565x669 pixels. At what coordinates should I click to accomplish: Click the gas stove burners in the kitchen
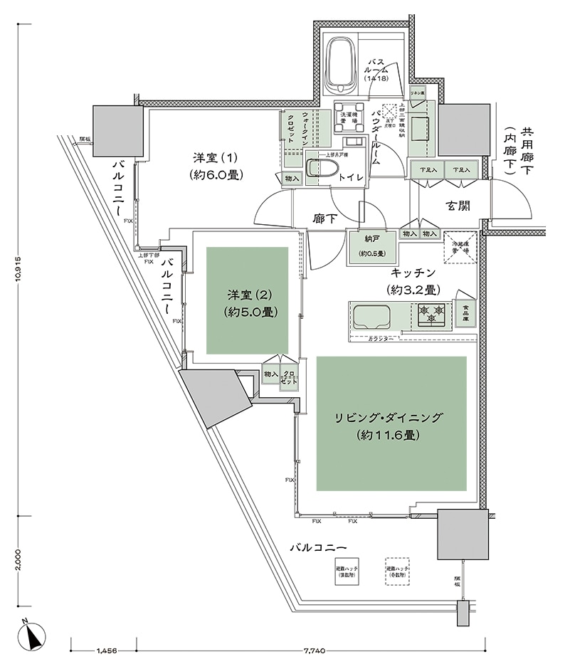431,315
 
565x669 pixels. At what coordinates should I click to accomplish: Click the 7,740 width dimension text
313,651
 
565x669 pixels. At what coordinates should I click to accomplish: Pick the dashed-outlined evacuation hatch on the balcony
397,570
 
